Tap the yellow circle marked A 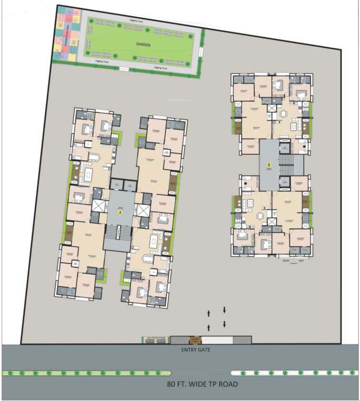pos(120,213)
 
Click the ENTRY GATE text pos(195,350)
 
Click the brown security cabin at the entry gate pos(195,339)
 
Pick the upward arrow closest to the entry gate pos(210,327)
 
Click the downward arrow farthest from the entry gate pos(225,310)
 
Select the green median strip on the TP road pos(86,373)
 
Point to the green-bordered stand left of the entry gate pos(155,339)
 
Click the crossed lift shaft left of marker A pos(98,206)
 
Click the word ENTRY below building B pos(286,260)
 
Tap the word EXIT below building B pos(301,260)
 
